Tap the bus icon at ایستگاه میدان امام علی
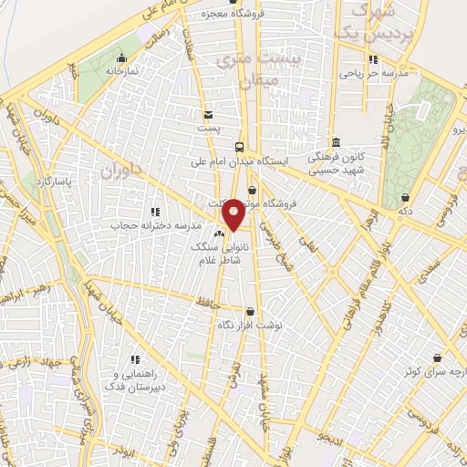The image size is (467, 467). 239,147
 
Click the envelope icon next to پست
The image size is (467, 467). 210,115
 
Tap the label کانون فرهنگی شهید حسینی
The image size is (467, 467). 335,162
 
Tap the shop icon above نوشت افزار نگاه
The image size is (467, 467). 249,311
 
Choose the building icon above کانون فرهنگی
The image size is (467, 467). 335,142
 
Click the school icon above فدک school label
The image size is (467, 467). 135,358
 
